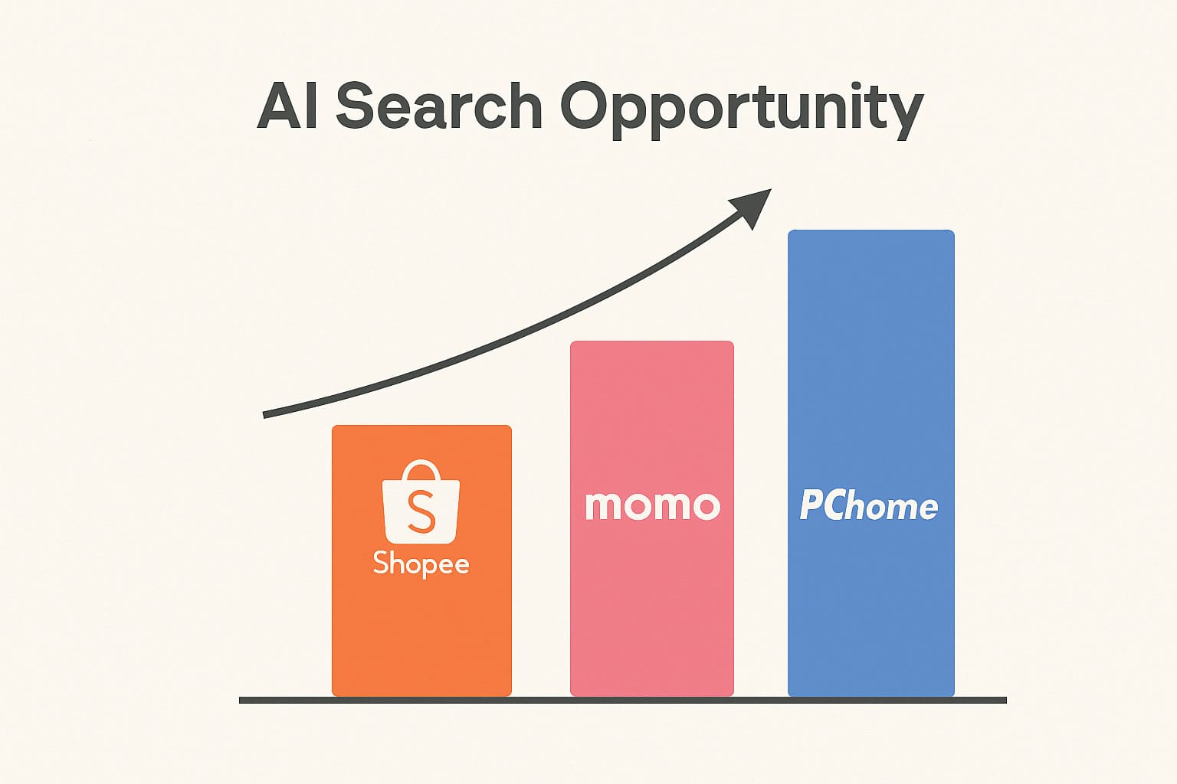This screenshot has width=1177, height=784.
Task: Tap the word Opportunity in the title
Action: tap(742, 110)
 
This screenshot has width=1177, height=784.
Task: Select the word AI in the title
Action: tap(287, 106)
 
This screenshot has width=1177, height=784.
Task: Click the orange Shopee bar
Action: tap(421, 560)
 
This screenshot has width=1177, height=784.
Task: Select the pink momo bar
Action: tap(651, 518)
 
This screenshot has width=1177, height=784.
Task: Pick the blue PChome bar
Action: tap(870, 463)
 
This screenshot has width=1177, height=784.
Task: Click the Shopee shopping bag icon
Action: tap(421, 502)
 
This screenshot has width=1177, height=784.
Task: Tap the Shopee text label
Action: tap(421, 564)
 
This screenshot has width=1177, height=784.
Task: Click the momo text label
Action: tap(653, 505)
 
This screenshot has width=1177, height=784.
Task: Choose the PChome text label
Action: tap(868, 505)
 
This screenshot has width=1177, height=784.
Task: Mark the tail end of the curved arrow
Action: tap(264, 415)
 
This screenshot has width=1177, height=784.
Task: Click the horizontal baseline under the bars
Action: tap(623, 700)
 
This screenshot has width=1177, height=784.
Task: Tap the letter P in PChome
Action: tap(811, 505)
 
